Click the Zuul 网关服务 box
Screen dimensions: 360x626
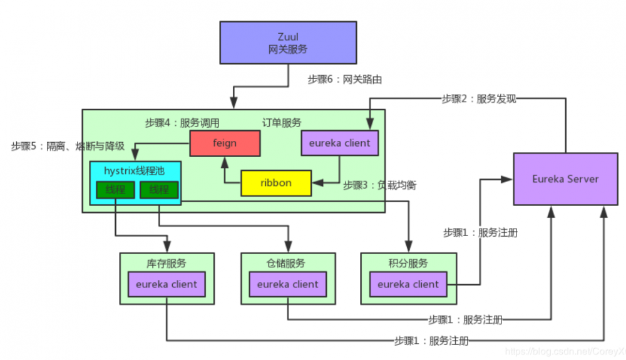point(288,43)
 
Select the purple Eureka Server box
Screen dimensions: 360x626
point(565,178)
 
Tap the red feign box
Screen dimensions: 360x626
point(225,143)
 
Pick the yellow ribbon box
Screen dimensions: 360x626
point(276,183)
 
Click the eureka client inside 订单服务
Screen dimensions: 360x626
point(339,143)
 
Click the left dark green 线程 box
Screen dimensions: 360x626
point(115,189)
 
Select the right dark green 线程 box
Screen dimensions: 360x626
point(159,189)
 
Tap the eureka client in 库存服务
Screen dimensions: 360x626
point(167,284)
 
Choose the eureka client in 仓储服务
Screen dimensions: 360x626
point(288,284)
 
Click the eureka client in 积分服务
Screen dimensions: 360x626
point(408,284)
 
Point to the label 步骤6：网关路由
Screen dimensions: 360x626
point(345,80)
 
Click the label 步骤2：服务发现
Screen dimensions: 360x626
point(479,98)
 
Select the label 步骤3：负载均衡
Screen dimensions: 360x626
point(380,186)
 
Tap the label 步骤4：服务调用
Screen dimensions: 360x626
point(182,123)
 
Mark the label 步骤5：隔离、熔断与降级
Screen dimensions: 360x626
point(68,147)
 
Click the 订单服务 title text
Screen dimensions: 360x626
point(281,123)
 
